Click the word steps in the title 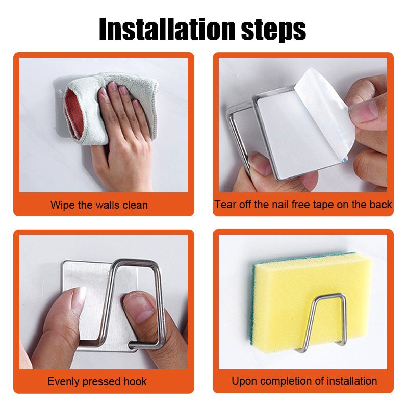pos(273,31)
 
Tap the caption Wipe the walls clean pos(99,205)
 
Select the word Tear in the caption pos(225,205)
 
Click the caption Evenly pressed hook pos(97,381)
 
